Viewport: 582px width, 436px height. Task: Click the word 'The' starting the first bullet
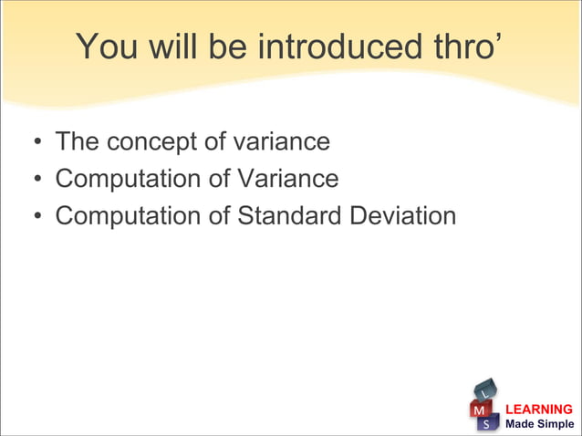[78, 142]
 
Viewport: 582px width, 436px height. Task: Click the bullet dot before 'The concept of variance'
[36, 144]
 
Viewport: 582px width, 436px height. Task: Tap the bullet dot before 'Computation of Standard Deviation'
[36, 218]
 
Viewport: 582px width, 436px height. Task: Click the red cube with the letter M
[478, 411]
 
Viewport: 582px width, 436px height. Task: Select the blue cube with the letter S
[489, 424]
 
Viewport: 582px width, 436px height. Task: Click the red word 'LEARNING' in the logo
[539, 410]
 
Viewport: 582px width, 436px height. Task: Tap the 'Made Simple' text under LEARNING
[539, 424]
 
